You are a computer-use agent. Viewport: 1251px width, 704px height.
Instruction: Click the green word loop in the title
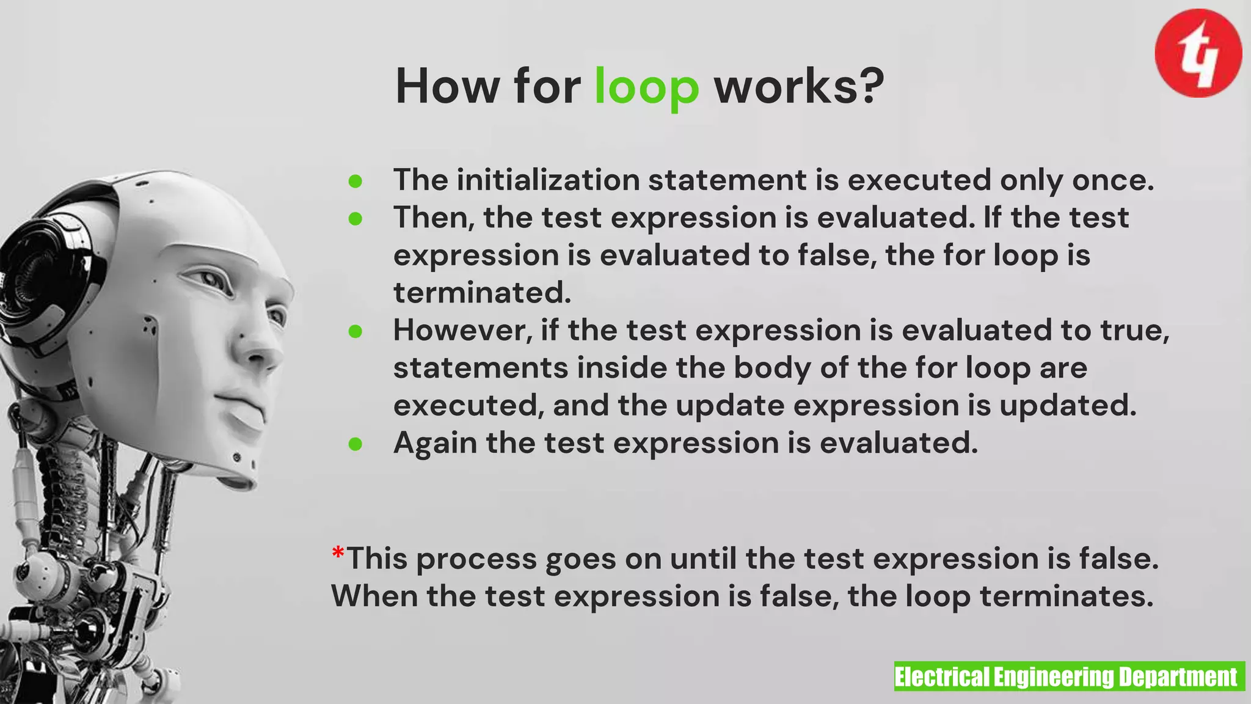646,87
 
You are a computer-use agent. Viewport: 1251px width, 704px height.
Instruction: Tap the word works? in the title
799,86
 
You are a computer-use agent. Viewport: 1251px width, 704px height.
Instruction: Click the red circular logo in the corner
1198,53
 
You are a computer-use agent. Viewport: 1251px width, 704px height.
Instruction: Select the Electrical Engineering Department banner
1069,676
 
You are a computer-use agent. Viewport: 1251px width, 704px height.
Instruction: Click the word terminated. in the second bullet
482,293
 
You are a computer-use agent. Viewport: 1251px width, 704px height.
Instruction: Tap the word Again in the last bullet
435,443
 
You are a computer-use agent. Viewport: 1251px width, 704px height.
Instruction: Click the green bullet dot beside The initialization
356,181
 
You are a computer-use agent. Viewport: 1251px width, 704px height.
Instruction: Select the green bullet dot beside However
356,331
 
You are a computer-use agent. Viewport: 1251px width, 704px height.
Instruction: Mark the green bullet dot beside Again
356,444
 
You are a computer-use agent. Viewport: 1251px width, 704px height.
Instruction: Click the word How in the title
447,86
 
